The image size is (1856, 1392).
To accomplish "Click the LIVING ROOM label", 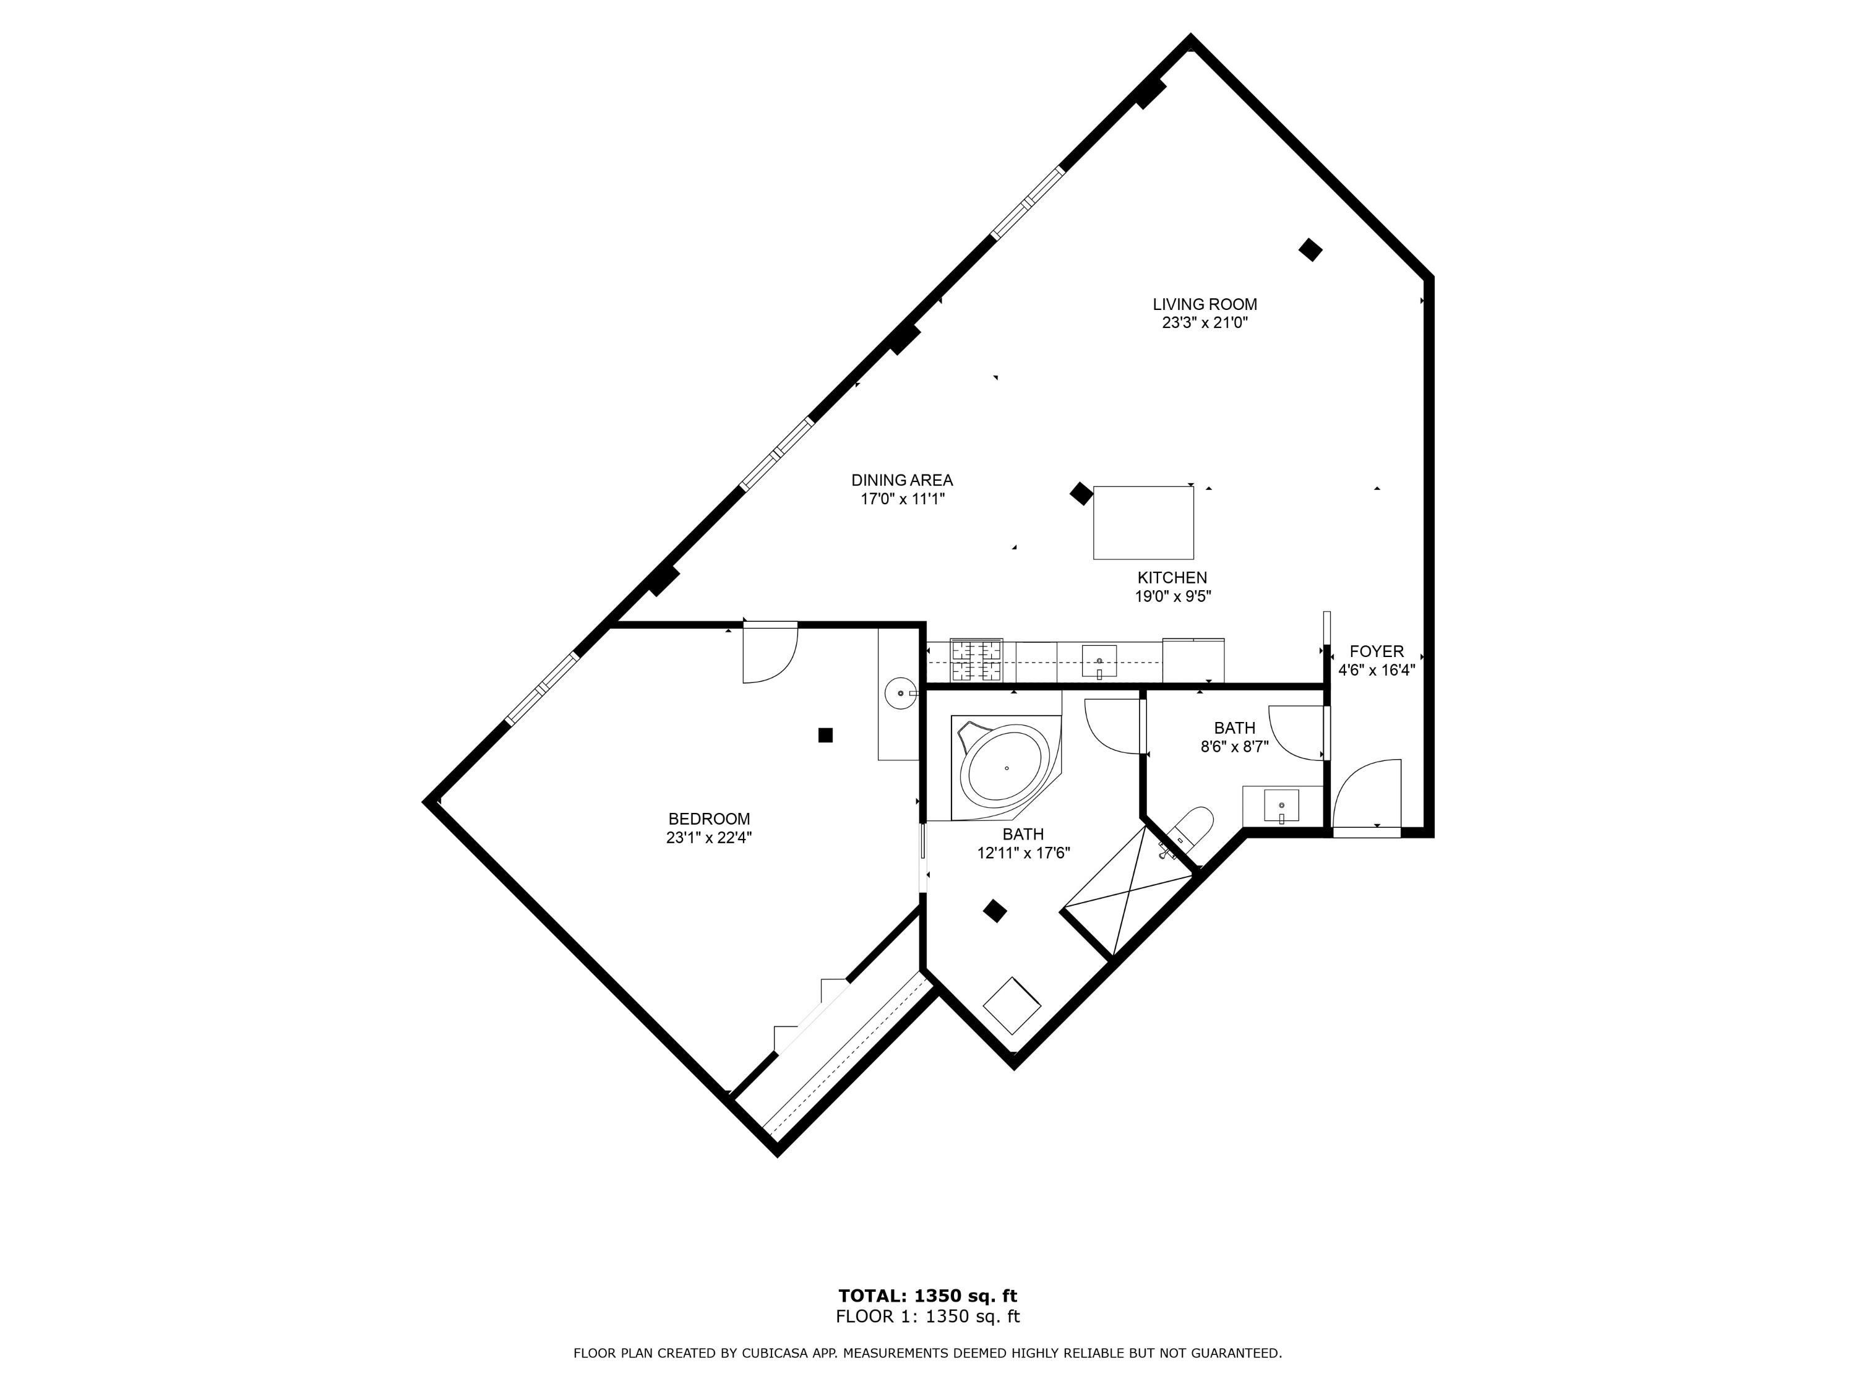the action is click(x=1205, y=304).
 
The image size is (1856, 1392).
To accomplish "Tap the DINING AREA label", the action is click(x=902, y=481).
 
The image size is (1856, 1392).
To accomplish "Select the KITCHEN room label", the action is click(x=1172, y=578).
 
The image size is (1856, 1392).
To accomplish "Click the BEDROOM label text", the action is click(x=709, y=819).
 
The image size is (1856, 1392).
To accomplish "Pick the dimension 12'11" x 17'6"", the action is click(x=1024, y=853).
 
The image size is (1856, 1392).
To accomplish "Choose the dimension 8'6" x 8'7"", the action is click(x=1234, y=747).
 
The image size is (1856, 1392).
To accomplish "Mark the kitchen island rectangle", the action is click(x=1143, y=523).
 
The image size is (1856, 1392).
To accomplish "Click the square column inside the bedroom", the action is click(x=826, y=735).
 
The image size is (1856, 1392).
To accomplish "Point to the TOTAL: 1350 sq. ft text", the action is click(x=928, y=1296).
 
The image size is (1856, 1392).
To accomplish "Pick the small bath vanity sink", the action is click(x=1281, y=806).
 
